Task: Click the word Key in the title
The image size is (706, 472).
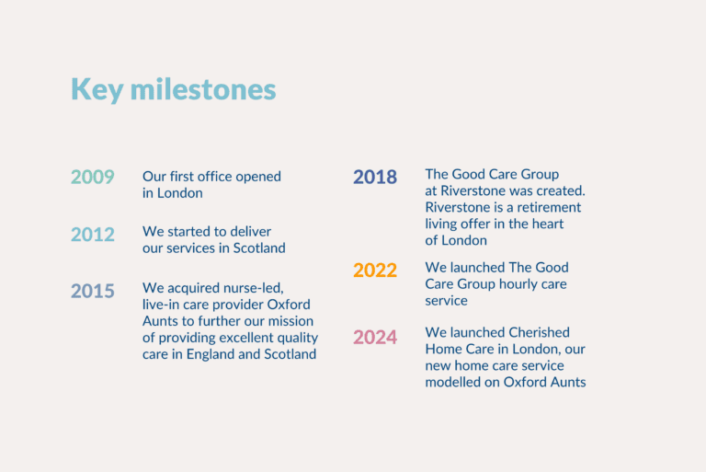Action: point(97,90)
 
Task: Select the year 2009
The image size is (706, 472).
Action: point(93,177)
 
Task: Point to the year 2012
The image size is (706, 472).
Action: point(93,235)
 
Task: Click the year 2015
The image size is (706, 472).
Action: point(93,292)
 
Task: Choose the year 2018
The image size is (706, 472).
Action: point(375,177)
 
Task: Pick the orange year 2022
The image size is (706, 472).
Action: point(375,271)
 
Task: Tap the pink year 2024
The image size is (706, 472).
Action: point(375,338)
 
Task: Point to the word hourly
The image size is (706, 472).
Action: point(520,283)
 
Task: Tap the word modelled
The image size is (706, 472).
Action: point(454,382)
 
